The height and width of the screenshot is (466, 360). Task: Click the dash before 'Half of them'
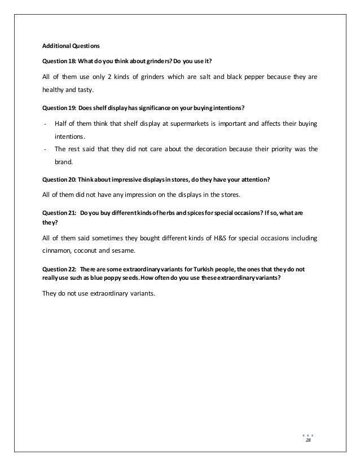pyautogui.click(x=45, y=123)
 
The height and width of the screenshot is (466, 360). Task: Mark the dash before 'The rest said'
pyautogui.click(x=45, y=150)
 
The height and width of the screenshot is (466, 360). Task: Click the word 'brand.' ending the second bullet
pyautogui.click(x=63, y=164)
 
